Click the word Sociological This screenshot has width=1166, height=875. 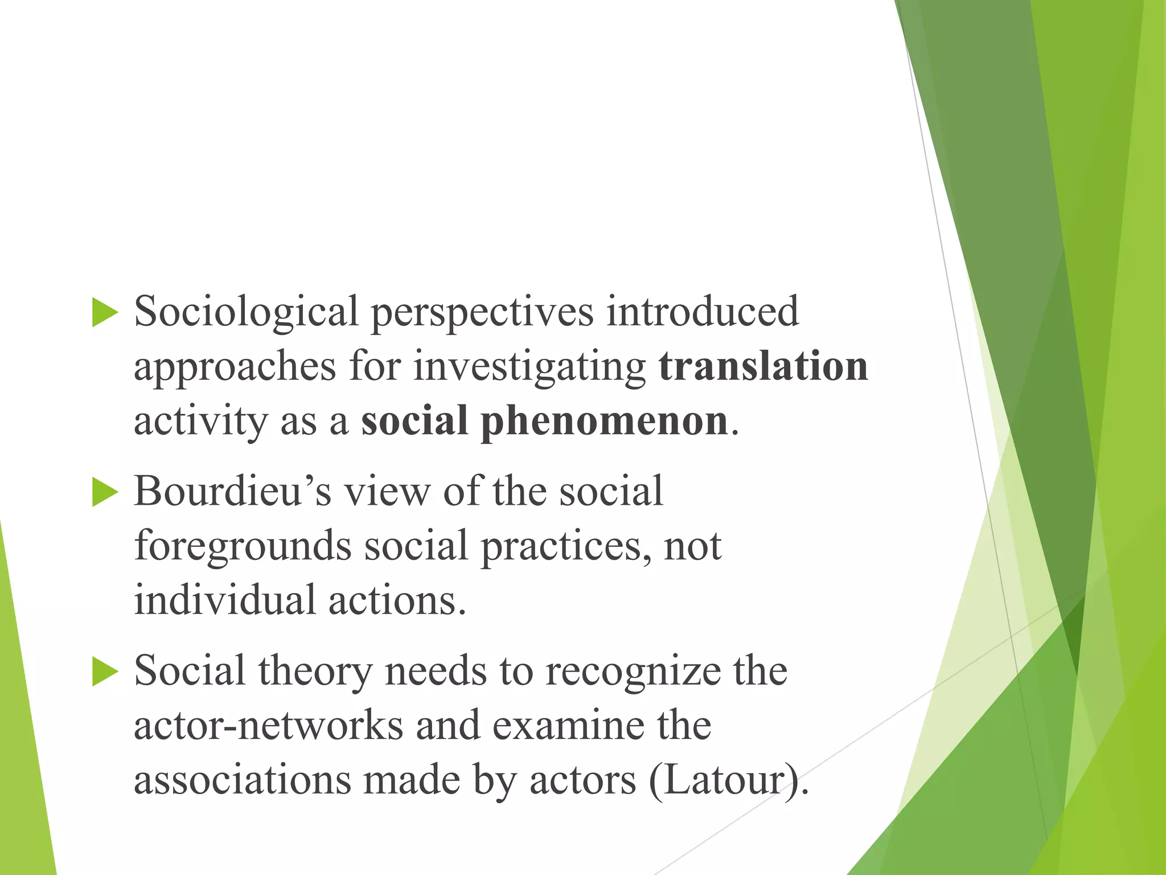[246, 313]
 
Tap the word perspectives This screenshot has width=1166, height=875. [482, 313]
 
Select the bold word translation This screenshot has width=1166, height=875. [763, 366]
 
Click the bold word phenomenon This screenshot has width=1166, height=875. [604, 422]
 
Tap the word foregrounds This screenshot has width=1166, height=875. [243, 546]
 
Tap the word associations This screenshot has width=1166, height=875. [243, 780]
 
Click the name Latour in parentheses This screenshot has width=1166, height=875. [726, 780]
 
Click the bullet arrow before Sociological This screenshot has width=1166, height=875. [105, 313]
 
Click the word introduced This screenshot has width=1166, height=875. [702, 312]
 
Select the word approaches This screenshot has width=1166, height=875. [235, 367]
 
